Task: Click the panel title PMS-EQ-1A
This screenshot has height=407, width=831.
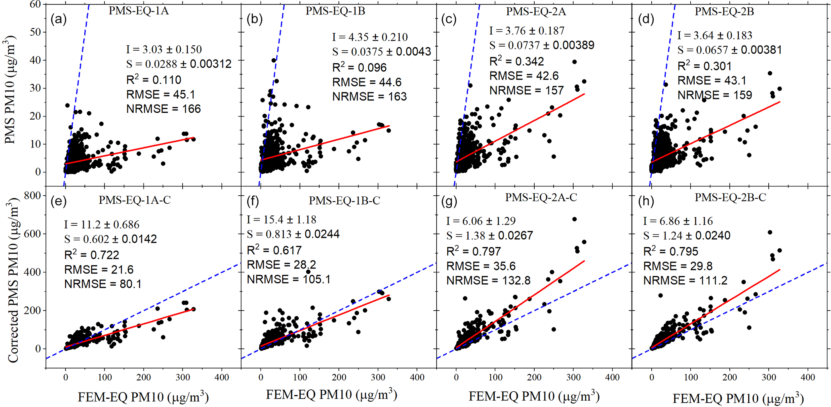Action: [x=138, y=11]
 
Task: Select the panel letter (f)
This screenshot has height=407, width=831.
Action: [x=253, y=201]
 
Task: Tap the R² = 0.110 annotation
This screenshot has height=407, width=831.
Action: [x=154, y=80]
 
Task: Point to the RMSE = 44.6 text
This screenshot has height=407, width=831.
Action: [x=367, y=82]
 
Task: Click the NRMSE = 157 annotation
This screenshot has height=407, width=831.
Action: [x=526, y=90]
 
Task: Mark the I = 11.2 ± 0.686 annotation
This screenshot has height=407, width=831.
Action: [x=101, y=225]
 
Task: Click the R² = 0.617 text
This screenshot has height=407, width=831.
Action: [x=274, y=250]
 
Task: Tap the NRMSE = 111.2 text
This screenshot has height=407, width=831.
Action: [x=685, y=280]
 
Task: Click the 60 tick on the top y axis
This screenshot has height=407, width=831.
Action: [x=35, y=4]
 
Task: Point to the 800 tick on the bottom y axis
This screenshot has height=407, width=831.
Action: [x=33, y=196]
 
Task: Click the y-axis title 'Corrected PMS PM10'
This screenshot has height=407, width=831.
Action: [x=13, y=281]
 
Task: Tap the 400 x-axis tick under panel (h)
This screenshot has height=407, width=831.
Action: [x=807, y=377]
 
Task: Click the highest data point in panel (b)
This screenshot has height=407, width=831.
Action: [x=274, y=60]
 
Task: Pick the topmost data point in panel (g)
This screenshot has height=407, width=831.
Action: [x=575, y=219]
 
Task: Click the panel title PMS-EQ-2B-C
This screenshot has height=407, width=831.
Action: [x=730, y=198]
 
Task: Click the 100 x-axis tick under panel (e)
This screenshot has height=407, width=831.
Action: [x=105, y=377]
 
